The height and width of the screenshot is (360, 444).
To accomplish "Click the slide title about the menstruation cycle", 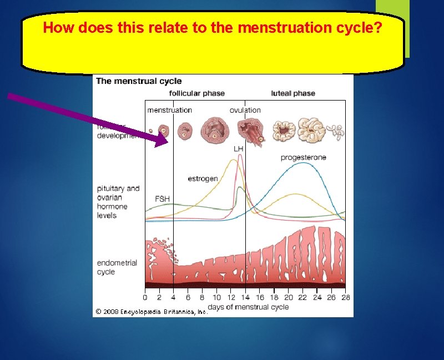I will pyautogui.click(x=212, y=28).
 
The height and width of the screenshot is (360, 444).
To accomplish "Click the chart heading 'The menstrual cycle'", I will pyautogui.click(x=139, y=81).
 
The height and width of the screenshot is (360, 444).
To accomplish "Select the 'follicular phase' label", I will pyautogui.click(x=196, y=93).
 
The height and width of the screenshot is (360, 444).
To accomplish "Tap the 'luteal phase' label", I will pyautogui.click(x=293, y=93).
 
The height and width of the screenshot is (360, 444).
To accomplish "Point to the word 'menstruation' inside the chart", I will pyautogui.click(x=169, y=110).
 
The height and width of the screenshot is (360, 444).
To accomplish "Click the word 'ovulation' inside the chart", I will pyautogui.click(x=245, y=110).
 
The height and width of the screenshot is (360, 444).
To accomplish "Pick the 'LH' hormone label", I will pyautogui.click(x=238, y=149).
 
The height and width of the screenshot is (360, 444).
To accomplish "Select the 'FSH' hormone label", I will pyautogui.click(x=162, y=198).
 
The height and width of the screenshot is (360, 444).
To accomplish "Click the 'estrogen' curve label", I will pyautogui.click(x=203, y=179).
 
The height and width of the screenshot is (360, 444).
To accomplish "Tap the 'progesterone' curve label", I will pyautogui.click(x=303, y=158).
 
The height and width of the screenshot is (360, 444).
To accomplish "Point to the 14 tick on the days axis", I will pyautogui.click(x=245, y=297).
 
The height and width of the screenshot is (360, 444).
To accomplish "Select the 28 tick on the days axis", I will pyautogui.click(x=345, y=297).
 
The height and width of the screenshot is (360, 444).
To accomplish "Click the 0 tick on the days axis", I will pyautogui.click(x=145, y=297).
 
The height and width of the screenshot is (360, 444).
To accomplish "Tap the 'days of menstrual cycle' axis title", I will pyautogui.click(x=248, y=307).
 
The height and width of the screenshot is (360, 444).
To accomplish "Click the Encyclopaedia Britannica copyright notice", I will pyautogui.click(x=151, y=312).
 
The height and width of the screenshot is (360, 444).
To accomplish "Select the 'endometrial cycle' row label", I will pyautogui.click(x=117, y=267).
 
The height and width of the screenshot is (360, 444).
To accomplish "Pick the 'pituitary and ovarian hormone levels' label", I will pyautogui.click(x=118, y=202).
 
